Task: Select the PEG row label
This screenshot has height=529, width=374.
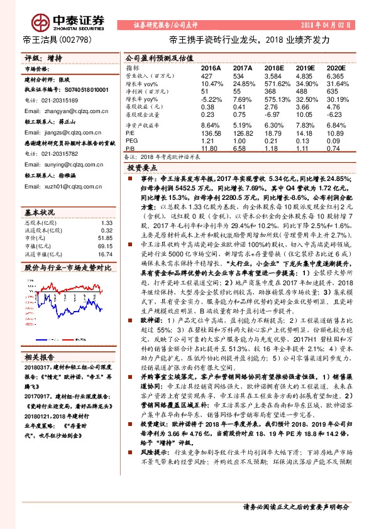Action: pos(131,141)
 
